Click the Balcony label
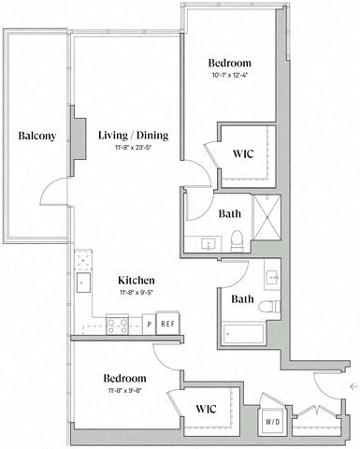click(37, 136)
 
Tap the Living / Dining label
click(133, 136)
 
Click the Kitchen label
click(136, 280)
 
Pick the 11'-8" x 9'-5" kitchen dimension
click(136, 292)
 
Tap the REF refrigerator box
click(167, 325)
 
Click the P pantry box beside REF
click(149, 325)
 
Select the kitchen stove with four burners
click(119, 326)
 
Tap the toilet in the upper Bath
click(238, 239)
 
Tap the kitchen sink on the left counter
click(82, 281)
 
